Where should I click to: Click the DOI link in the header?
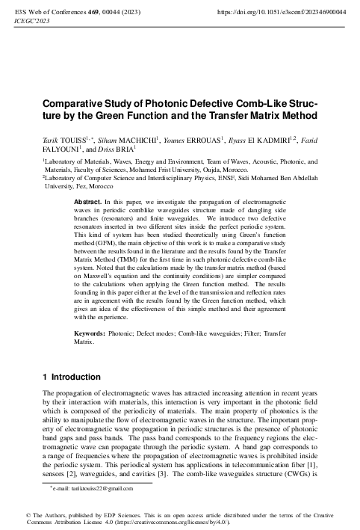tap(280, 13)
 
